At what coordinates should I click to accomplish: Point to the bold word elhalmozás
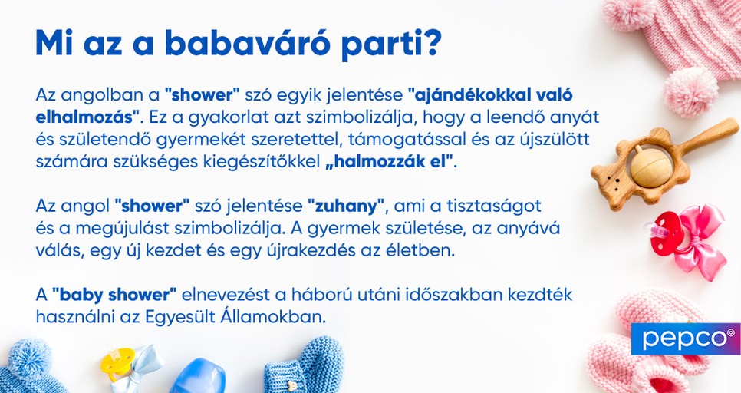click(x=86, y=117)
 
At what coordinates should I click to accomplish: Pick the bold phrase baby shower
click(x=115, y=295)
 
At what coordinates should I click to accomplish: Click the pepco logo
click(x=685, y=339)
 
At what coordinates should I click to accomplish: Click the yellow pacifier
click(x=120, y=364)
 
